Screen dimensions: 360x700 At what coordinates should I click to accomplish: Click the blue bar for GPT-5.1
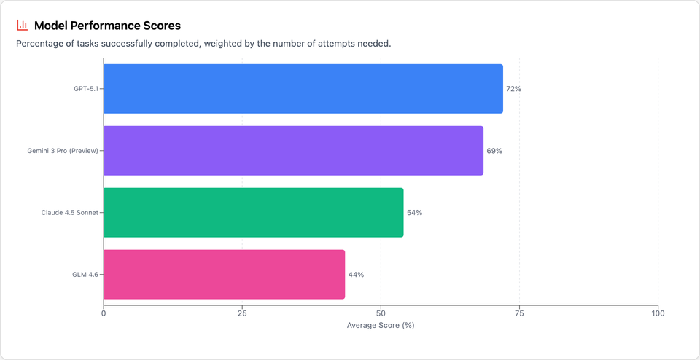click(303, 89)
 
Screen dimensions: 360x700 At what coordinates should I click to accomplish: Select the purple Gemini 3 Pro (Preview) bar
click(293, 151)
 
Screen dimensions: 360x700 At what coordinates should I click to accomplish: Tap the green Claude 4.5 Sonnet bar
click(253, 213)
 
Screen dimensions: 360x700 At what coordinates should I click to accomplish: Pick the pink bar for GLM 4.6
click(224, 275)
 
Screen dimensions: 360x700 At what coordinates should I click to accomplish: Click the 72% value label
click(513, 89)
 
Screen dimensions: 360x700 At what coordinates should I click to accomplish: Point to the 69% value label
click(494, 151)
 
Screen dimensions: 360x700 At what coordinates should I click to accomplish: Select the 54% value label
click(414, 213)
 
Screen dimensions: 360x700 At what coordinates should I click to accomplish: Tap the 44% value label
click(356, 275)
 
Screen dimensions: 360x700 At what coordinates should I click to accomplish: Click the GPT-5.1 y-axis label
click(85, 89)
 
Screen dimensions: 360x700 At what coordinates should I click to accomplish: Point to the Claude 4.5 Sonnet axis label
click(69, 213)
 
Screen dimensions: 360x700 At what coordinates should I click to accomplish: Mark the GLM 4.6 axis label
click(85, 275)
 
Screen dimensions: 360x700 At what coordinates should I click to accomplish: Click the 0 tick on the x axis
click(104, 313)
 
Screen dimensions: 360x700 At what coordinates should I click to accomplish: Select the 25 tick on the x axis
click(242, 313)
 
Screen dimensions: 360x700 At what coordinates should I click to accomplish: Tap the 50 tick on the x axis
click(381, 313)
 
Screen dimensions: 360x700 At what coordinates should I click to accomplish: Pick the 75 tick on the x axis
click(519, 313)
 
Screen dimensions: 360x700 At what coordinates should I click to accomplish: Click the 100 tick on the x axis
click(658, 313)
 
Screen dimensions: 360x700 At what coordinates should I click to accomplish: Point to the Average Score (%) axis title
click(381, 325)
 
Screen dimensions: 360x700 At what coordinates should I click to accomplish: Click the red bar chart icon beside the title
click(22, 26)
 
